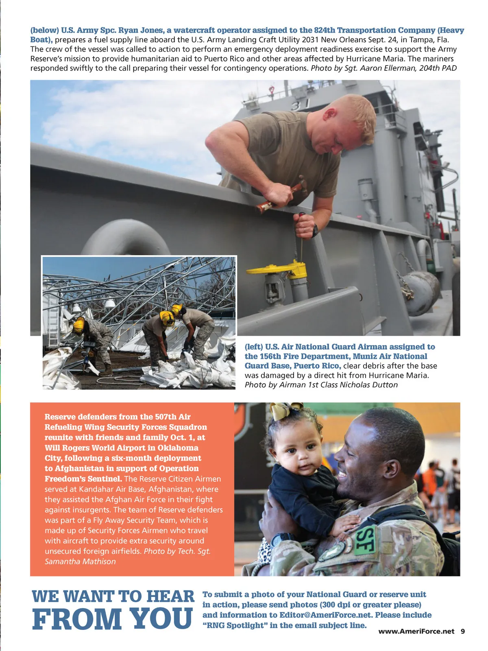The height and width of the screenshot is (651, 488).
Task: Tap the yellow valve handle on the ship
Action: [277, 269]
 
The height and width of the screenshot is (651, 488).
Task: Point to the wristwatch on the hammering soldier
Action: [315, 231]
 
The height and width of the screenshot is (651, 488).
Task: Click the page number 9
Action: [463, 631]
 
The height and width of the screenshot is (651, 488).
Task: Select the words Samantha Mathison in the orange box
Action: [80, 561]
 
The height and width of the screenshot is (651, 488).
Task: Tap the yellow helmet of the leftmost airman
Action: [78, 324]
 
